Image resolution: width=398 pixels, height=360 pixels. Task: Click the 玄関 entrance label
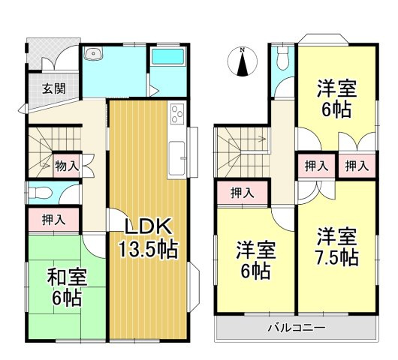point(53,88)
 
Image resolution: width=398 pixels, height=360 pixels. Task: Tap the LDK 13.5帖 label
point(147,238)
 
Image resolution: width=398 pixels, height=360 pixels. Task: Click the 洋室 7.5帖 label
point(336,245)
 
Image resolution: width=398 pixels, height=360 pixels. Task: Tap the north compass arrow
point(242,63)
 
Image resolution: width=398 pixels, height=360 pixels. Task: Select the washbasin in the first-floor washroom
point(95,53)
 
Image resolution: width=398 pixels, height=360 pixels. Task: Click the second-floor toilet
point(282,57)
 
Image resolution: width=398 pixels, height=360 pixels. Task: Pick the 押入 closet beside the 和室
point(53,220)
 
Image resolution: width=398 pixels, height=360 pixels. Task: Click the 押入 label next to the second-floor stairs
point(242,193)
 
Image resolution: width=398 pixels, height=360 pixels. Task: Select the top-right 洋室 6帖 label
point(336,95)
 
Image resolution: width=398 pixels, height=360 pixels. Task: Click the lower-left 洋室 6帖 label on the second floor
point(255,258)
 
